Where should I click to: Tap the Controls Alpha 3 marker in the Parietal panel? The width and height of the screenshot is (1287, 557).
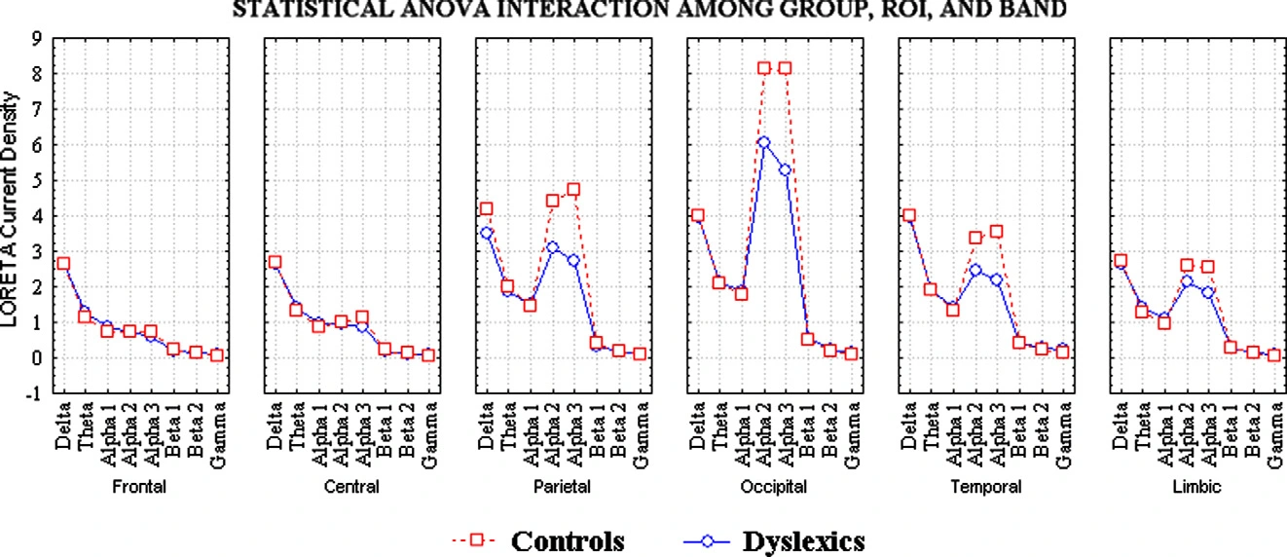(573, 189)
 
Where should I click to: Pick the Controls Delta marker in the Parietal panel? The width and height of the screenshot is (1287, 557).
(486, 208)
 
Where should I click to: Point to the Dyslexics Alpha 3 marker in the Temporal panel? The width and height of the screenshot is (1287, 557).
(996, 279)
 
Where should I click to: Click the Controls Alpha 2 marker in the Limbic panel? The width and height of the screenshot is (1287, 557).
(1187, 265)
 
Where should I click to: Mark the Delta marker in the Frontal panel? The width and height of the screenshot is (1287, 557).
(63, 264)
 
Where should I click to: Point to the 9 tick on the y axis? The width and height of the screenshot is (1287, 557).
(35, 39)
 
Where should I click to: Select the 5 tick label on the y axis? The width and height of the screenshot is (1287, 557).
(35, 181)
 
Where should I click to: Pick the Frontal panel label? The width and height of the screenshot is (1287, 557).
(138, 487)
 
